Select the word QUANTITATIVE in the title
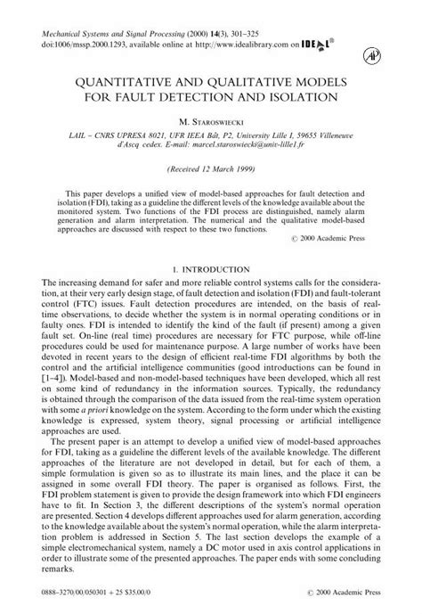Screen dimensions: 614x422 147,81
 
